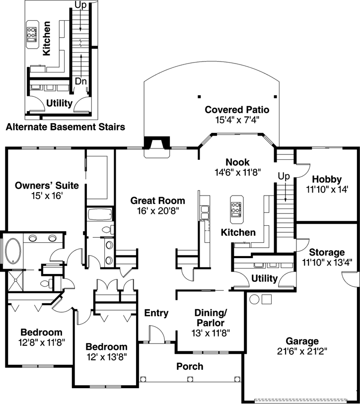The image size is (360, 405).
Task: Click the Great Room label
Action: point(157,201)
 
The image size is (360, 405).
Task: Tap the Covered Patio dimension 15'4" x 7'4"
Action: point(237,120)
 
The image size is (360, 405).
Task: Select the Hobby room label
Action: point(327,179)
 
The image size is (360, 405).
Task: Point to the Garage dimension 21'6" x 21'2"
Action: point(302,351)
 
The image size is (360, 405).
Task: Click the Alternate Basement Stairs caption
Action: point(66,127)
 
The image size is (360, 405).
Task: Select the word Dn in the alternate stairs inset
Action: point(80,81)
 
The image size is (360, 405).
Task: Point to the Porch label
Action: point(190,366)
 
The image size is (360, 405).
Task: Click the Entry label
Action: point(156,313)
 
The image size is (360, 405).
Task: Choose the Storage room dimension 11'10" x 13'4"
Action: point(327,263)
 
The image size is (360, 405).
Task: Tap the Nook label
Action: point(237,162)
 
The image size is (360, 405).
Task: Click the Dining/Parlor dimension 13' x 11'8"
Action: point(211,333)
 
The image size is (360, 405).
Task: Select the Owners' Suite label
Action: point(47,186)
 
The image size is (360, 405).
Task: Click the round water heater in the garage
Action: point(254,300)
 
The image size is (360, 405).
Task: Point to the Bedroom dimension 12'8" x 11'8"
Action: point(41,343)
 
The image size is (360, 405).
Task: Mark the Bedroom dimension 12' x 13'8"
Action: point(107,357)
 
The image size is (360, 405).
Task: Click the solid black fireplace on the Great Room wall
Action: point(157,142)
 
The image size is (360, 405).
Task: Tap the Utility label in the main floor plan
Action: point(264,278)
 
